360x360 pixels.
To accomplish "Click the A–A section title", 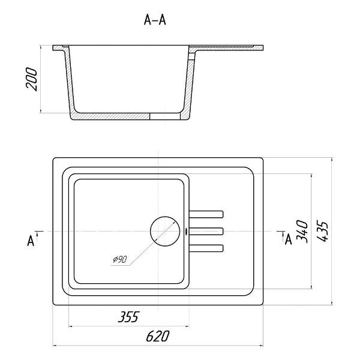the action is pos(155,20).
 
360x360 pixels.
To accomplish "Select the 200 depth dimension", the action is pos(31,79).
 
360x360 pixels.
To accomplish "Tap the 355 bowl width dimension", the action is pos(128,317).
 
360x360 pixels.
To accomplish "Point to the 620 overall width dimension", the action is pos(158,336).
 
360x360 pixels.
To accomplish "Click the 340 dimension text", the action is pos(302,232).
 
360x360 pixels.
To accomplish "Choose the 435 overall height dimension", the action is pos(322,231).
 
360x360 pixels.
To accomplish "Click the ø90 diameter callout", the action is pos(120,259).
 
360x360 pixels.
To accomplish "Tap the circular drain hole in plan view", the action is pos(165,232).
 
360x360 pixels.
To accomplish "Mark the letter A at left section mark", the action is pos(31,241).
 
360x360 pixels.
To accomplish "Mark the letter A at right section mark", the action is pos(288,239).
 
